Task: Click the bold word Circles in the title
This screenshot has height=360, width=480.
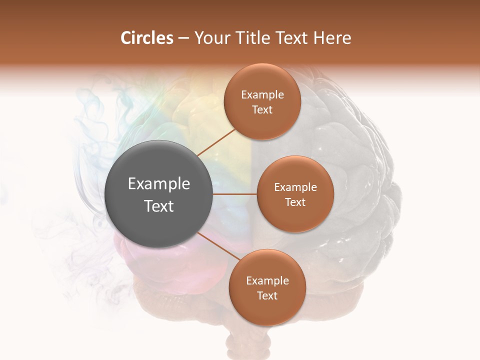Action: [x=147, y=38]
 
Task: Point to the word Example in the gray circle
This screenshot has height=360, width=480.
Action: [x=159, y=184]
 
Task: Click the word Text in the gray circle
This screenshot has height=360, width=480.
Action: [x=159, y=206]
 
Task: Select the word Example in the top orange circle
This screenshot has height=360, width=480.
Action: [x=262, y=95]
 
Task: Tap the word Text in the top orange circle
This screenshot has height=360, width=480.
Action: [x=262, y=110]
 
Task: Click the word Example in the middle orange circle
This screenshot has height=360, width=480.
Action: [x=295, y=187]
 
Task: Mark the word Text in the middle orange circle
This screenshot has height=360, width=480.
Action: [x=295, y=202]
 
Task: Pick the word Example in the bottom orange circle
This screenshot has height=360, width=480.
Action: [x=267, y=281]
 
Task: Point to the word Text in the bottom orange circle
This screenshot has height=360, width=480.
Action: [x=267, y=296]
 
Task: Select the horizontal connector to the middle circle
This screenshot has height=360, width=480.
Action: [x=235, y=194]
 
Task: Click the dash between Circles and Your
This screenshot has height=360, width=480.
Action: [x=183, y=38]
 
